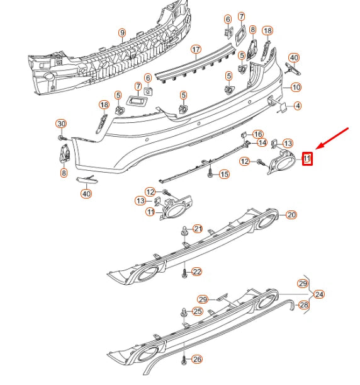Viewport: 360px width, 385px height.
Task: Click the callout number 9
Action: click(122, 33)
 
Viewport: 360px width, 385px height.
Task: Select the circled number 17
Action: click(196, 49)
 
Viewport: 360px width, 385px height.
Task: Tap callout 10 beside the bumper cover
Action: click(296, 87)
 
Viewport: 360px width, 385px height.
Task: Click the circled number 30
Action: click(61, 123)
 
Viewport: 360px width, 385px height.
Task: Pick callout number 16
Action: click(257, 134)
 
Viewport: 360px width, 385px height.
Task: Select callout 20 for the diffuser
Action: click(291, 215)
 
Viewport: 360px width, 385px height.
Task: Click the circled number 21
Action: click(198, 229)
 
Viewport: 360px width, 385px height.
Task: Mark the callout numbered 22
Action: click(197, 272)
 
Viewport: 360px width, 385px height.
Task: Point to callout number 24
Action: click(320, 294)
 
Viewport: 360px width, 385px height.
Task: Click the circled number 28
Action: click(304, 306)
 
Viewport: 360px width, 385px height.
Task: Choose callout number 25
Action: click(198, 312)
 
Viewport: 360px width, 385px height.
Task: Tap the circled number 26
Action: click(198, 360)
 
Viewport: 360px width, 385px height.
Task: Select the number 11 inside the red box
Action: click(307, 159)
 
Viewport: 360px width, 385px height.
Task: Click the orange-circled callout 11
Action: click(150, 212)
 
